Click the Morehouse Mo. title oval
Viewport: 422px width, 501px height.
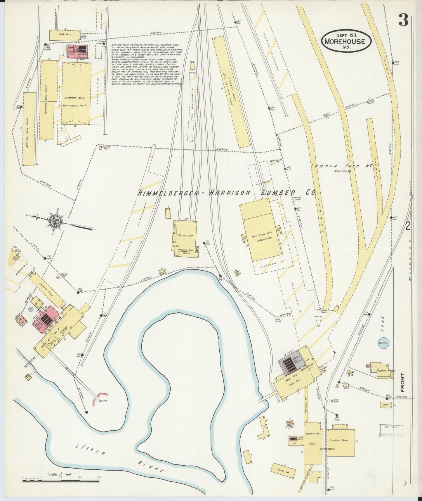[346, 41]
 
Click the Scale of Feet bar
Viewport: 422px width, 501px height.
[61, 481]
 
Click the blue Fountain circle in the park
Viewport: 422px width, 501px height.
[383, 343]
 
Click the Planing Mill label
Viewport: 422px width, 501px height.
[75, 98]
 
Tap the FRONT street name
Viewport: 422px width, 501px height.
[403, 382]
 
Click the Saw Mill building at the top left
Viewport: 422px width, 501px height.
[65, 35]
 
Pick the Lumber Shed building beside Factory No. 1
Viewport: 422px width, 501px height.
[340, 443]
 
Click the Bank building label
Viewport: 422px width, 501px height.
[386, 405]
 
